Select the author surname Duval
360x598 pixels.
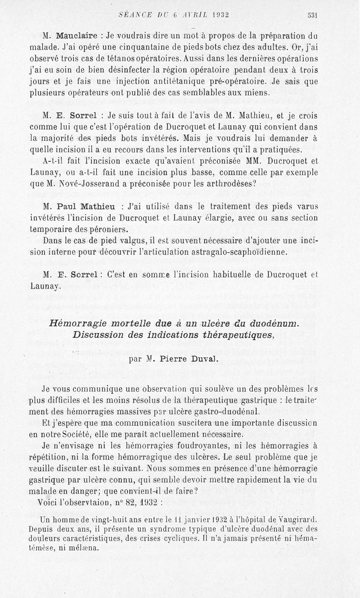pyautogui.click(x=194, y=359)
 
